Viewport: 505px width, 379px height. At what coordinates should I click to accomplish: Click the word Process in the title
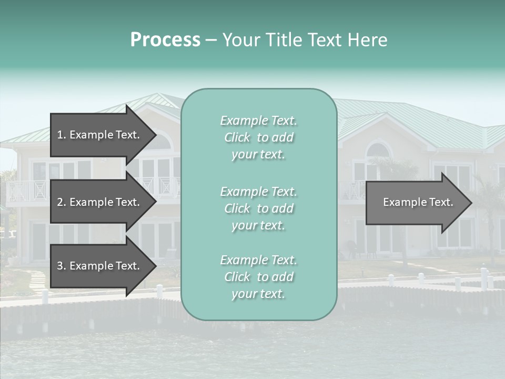point(165,40)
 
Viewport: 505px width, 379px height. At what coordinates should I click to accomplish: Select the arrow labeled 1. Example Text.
point(98,135)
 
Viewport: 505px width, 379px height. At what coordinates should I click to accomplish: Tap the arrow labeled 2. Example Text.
point(98,202)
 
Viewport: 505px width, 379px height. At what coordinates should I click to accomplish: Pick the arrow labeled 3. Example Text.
point(98,266)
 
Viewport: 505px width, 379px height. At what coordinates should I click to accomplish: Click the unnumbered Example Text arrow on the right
point(418,202)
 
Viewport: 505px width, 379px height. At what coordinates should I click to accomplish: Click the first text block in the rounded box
point(258,137)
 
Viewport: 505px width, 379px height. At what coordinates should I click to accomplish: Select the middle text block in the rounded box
point(258,208)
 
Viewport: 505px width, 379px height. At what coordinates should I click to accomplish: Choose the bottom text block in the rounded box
point(258,277)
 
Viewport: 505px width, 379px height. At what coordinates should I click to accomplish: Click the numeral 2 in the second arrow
point(60,202)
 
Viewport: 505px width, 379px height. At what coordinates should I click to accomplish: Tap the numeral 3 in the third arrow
point(60,266)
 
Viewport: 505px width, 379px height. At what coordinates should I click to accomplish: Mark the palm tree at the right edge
point(492,211)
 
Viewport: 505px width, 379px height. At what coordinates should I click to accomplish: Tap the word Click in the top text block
point(237,137)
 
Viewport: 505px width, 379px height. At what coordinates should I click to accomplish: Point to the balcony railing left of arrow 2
point(26,191)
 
